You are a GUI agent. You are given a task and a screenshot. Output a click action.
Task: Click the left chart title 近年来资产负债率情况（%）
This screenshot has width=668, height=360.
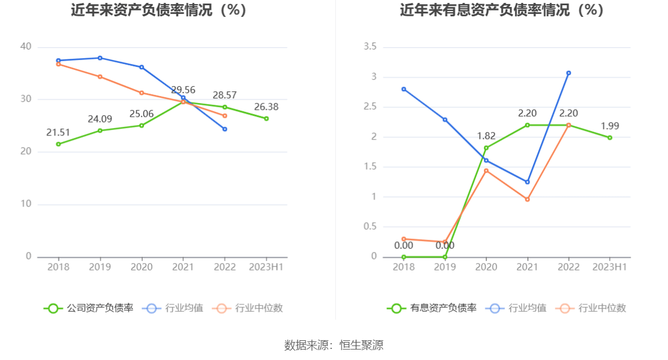(x=159, y=10)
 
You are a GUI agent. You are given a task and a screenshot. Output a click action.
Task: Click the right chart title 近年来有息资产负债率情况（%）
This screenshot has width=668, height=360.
(x=502, y=10)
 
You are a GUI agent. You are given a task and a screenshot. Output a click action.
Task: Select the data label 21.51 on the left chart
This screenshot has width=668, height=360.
(x=58, y=133)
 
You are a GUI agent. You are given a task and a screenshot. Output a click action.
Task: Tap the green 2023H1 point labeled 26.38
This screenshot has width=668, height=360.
(x=267, y=119)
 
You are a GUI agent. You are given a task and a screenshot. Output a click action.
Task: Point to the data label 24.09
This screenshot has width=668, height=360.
(x=100, y=119)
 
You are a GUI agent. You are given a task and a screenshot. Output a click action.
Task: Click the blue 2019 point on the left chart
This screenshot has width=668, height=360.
(x=100, y=58)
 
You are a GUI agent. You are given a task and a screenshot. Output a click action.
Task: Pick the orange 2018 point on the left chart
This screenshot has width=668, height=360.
(x=58, y=64)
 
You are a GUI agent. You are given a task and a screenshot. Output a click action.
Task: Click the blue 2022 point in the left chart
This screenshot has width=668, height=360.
(x=225, y=129)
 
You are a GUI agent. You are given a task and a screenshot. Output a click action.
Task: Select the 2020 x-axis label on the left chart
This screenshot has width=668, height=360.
(x=141, y=267)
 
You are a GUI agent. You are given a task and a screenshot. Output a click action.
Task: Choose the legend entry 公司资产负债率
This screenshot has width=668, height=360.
(x=88, y=308)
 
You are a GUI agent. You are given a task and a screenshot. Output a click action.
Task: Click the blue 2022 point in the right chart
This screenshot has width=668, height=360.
(x=568, y=73)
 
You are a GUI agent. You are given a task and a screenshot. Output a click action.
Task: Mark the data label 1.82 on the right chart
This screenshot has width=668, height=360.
(x=486, y=136)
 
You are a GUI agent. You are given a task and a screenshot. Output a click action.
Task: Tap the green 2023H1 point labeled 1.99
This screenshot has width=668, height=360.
(x=610, y=138)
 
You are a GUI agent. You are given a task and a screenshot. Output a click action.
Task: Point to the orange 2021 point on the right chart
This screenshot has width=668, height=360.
(x=527, y=199)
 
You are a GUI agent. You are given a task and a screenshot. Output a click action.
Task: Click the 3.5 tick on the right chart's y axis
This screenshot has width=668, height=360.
(x=370, y=47)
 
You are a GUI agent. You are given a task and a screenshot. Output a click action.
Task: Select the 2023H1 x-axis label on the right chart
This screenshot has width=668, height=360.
(x=609, y=267)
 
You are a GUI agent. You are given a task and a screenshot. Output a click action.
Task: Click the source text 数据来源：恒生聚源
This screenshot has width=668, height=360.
(x=333, y=345)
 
